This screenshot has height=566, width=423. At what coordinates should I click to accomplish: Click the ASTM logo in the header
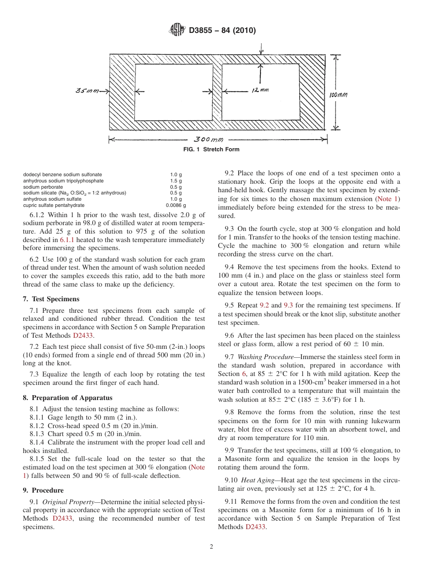click(178, 30)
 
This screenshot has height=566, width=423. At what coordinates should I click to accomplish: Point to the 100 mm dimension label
click(338, 95)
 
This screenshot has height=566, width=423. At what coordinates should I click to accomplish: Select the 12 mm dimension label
click(260, 90)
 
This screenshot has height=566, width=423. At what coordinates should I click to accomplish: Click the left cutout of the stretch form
click(173, 92)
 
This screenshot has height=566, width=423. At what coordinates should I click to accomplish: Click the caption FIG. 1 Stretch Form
click(211, 150)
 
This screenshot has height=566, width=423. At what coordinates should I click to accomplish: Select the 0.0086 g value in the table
click(176, 206)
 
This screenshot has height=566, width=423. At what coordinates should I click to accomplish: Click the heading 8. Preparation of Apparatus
click(67, 398)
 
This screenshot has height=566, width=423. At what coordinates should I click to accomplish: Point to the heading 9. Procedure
click(43, 490)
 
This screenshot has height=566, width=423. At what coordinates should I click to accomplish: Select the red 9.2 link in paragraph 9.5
click(264, 306)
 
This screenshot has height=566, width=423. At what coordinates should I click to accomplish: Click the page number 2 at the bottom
click(211, 547)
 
